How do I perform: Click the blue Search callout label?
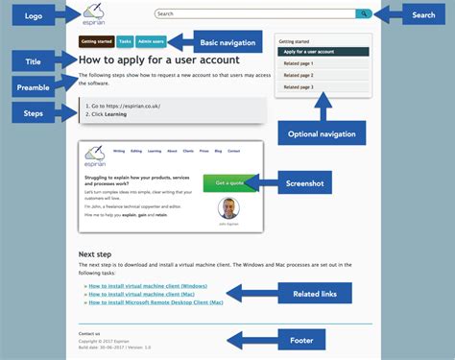tap(423, 14)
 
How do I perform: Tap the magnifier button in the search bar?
tap(363, 13)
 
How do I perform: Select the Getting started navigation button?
tap(96, 42)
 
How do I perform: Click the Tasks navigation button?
tap(125, 42)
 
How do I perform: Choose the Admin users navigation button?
tap(151, 42)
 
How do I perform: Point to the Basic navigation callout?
tap(227, 42)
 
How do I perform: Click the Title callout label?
tap(34, 61)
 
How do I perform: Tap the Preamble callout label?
tap(34, 87)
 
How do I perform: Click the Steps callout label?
tap(34, 113)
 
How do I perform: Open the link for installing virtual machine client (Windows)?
tap(145, 286)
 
